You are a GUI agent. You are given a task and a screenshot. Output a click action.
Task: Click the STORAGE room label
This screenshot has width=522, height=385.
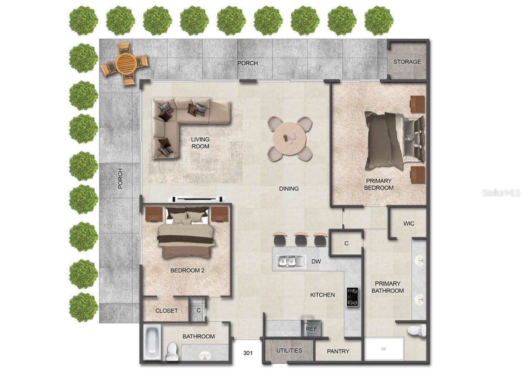coord(407,62)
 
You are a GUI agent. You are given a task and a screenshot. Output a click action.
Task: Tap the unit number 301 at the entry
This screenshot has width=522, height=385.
coord(248,353)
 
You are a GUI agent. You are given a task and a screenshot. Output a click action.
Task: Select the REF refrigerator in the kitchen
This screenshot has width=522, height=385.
coord(311,329)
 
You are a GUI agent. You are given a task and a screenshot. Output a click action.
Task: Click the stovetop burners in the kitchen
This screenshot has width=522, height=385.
coord(352,297)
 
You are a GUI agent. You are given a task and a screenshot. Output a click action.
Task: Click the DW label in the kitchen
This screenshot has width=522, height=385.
coord(316,262)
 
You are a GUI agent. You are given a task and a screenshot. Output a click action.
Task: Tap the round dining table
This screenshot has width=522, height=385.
coord(290,138)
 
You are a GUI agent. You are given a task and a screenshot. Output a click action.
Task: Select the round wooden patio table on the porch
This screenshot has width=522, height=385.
coord(126,64)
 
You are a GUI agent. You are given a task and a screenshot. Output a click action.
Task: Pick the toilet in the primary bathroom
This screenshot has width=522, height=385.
coord(417,330)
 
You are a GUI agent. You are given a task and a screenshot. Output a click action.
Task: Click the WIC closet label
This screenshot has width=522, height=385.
coord(409,223)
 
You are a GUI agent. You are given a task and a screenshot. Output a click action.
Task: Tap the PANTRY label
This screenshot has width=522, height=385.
coord(338,351)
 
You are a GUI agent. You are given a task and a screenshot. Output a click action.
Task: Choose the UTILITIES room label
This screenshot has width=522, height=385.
coord(289,350)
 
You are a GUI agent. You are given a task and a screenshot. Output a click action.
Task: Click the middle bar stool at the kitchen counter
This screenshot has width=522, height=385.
coord(300,239)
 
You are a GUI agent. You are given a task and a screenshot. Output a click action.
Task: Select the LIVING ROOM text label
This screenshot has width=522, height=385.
coord(200,143)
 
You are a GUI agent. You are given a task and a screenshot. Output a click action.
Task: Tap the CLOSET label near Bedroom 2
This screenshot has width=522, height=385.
coord(166,311)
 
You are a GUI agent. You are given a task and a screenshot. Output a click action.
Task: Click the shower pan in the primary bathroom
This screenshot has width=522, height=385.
coord(384,348)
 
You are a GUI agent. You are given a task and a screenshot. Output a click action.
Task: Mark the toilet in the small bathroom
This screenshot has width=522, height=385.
coord(172,352)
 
